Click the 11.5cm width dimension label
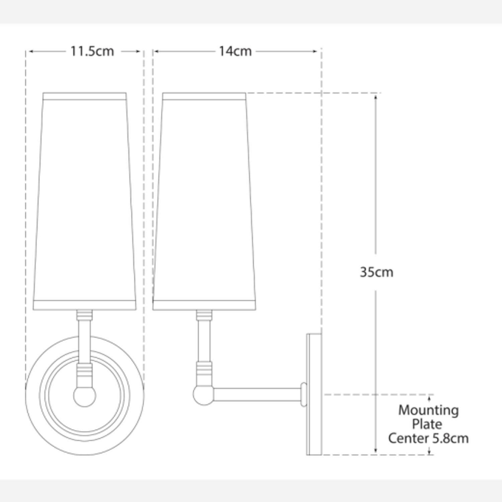pos(92,51)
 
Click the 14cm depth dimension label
pos(235,51)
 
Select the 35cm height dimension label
pos(376,272)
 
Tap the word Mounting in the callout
pos(428,410)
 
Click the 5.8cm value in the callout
pos(450,438)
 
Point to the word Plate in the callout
pos(427,424)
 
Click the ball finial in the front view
pos(85,396)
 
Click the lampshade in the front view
pos(85,201)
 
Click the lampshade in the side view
pos(204,201)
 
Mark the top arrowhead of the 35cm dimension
pos(375,97)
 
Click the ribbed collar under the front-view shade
pos(84,315)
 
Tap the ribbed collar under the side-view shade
pos(204,315)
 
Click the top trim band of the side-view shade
pos(204,97)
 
